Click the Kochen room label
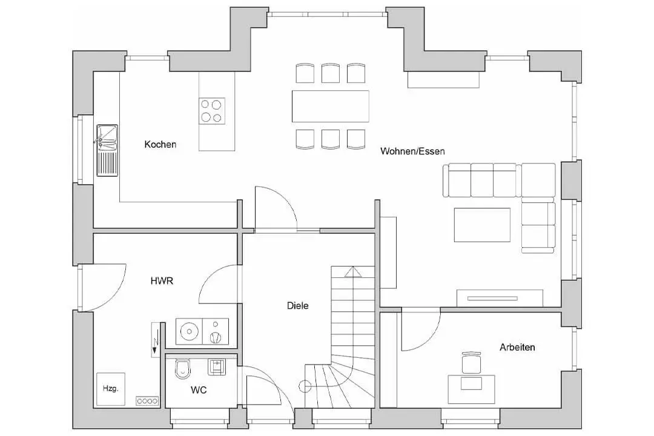[160, 144]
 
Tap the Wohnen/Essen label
[412, 151]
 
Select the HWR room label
[162, 280]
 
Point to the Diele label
[297, 306]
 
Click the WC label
[198, 390]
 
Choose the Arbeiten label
[517, 348]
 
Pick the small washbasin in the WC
[216, 366]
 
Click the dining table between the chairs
[330, 106]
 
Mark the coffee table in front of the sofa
[483, 225]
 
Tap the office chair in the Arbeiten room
[471, 363]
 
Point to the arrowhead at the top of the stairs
[353, 272]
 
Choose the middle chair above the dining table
[330, 73]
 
